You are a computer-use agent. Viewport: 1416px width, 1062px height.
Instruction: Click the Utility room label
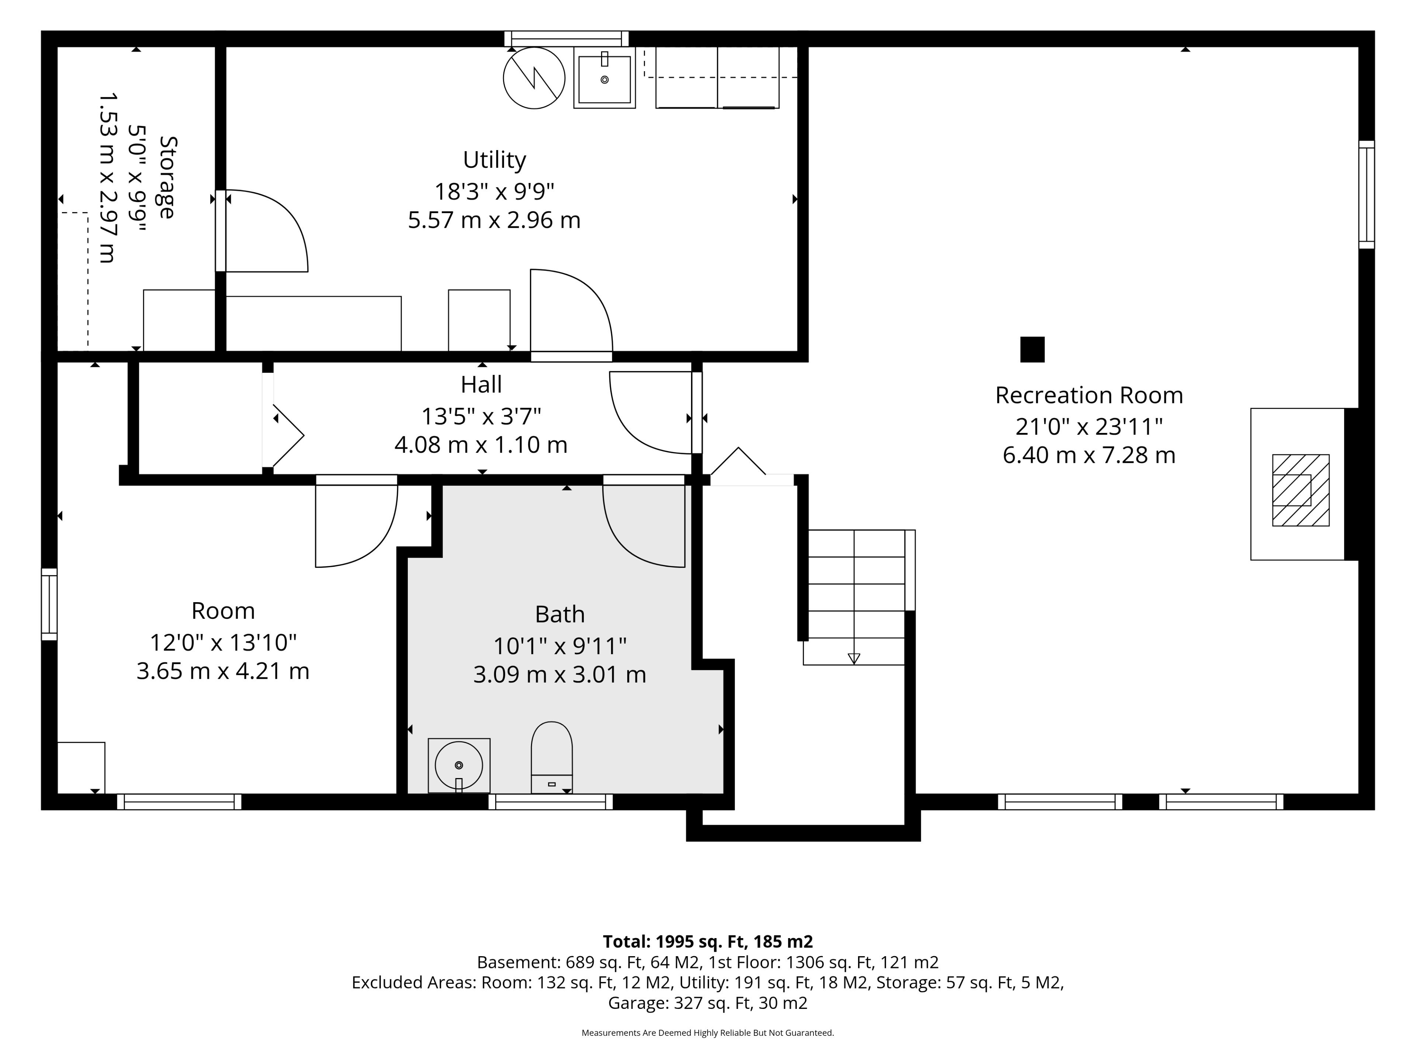click(x=494, y=160)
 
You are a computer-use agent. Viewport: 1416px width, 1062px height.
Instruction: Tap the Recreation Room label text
click(x=1089, y=396)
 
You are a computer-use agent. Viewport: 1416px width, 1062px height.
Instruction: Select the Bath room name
click(x=559, y=615)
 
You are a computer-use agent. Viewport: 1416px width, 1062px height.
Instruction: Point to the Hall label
click(x=481, y=385)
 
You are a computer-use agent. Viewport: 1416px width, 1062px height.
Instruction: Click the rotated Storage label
click(x=167, y=177)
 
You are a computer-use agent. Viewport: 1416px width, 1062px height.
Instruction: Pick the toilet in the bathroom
click(x=552, y=757)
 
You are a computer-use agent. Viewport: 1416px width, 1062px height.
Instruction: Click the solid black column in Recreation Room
click(x=1032, y=350)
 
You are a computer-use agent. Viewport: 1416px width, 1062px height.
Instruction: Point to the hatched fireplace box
click(x=1301, y=490)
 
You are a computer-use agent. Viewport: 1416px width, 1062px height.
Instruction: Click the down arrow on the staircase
click(x=854, y=658)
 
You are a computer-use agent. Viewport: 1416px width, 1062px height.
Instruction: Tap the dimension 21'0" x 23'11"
click(x=1089, y=426)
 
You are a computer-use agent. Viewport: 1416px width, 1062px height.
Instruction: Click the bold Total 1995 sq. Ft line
click(x=708, y=942)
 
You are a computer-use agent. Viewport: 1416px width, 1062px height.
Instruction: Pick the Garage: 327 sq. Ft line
click(x=708, y=1003)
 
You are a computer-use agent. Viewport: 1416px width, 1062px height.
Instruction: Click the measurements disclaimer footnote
click(x=708, y=1032)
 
